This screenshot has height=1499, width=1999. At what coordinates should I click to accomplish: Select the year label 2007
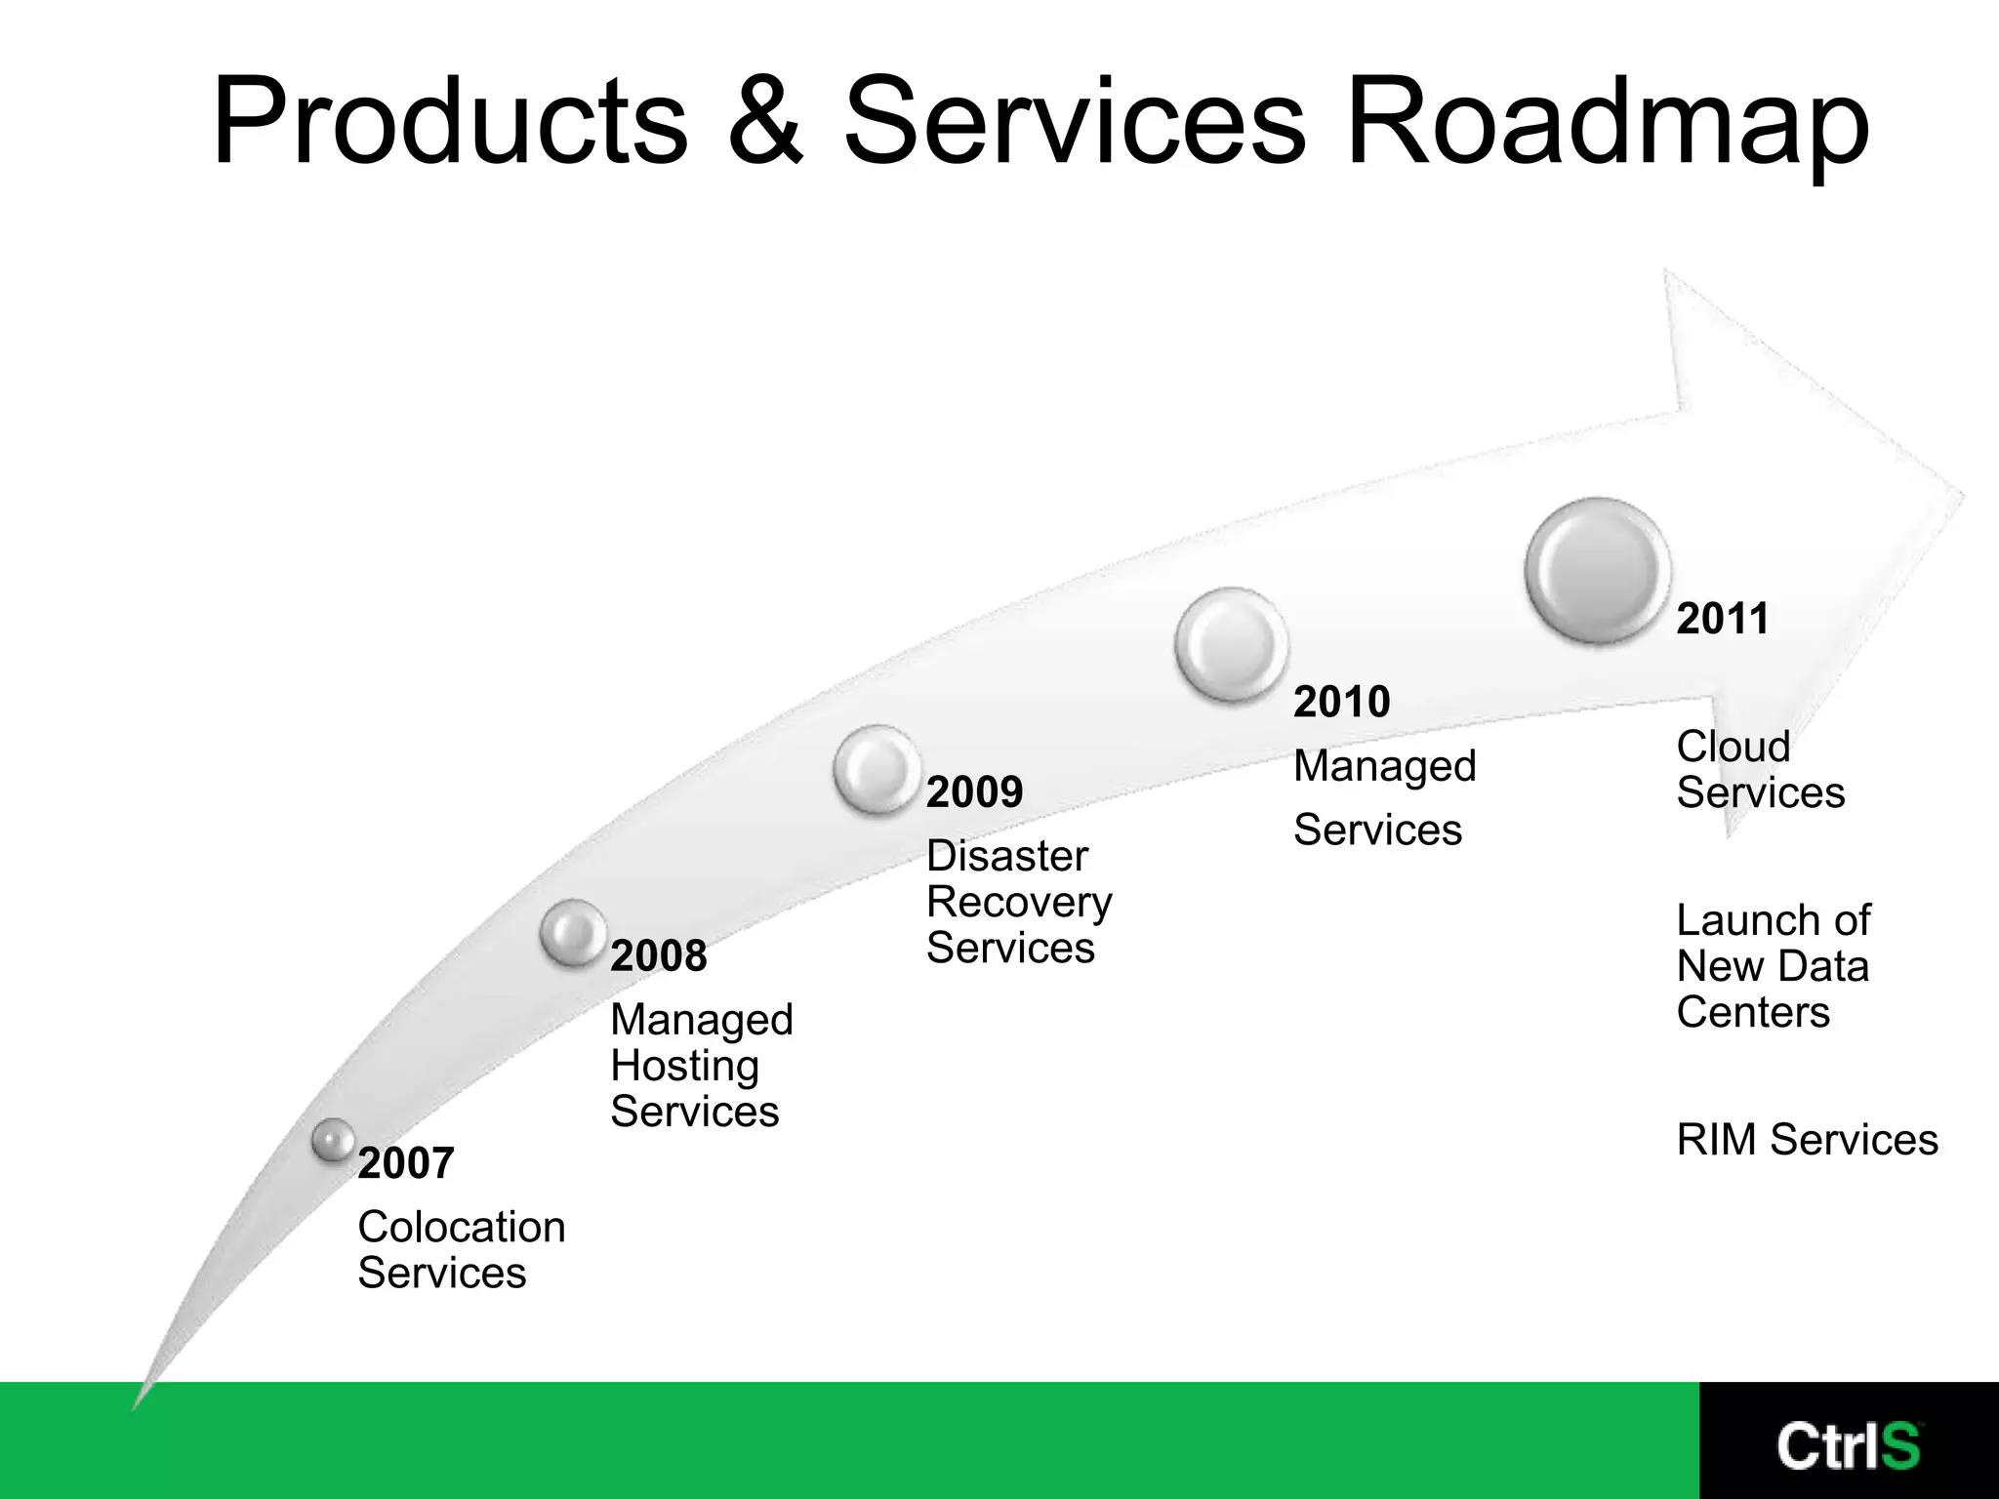(406, 1163)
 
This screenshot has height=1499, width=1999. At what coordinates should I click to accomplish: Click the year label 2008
(658, 955)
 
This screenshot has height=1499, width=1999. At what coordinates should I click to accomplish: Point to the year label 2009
(974, 791)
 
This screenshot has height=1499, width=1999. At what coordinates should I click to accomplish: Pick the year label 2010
(1341, 702)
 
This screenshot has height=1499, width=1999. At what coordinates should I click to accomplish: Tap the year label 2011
(1723, 619)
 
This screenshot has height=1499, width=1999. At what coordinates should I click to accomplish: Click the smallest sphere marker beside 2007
(334, 1139)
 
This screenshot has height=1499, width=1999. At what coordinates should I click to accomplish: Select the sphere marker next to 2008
(573, 932)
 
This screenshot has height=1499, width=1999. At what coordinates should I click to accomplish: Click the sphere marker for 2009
(877, 769)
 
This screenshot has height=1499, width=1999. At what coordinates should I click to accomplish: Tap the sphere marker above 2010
(1231, 644)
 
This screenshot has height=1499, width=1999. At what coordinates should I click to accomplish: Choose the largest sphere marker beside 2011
(1598, 570)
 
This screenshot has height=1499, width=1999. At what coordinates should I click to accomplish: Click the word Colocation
(462, 1227)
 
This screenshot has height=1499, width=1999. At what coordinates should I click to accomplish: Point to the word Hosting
(684, 1066)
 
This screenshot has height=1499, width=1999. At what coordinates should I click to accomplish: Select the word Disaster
(1006, 856)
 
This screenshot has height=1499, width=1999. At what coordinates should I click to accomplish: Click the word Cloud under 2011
(1734, 747)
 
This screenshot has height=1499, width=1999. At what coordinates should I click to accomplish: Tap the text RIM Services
(1807, 1140)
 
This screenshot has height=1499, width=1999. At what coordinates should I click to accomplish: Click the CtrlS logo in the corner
(1848, 1445)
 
